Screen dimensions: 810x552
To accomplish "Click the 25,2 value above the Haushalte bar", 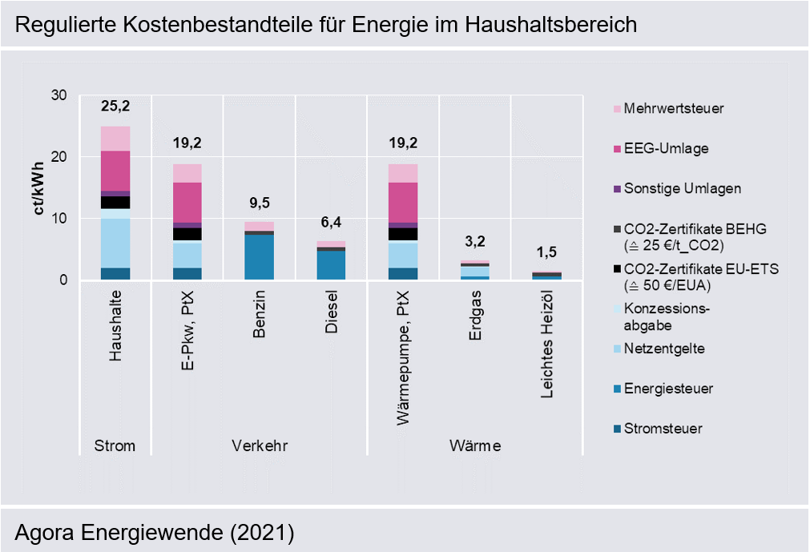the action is click(115, 107).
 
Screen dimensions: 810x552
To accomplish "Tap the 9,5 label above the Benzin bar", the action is click(260, 203).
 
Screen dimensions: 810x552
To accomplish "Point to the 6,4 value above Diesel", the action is click(331, 223).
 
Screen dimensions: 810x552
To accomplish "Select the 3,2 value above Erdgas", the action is click(475, 242).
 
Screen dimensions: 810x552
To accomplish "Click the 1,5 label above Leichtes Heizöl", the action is click(546, 252).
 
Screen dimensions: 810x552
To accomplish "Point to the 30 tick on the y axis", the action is click(59, 95).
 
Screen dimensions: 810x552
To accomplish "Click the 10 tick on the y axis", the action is click(59, 219).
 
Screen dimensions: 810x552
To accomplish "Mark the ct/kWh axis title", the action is click(38, 188).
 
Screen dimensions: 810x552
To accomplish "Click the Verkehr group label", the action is click(260, 445).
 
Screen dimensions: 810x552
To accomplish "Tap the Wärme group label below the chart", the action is click(475, 445).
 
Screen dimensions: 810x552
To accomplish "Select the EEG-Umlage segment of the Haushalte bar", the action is click(115, 171).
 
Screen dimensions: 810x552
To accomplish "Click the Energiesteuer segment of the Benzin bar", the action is click(260, 257).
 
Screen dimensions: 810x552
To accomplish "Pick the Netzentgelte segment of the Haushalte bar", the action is click(115, 244).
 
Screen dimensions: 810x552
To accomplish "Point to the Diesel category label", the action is click(331, 312).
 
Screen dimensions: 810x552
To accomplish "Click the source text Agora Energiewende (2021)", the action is click(155, 533).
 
